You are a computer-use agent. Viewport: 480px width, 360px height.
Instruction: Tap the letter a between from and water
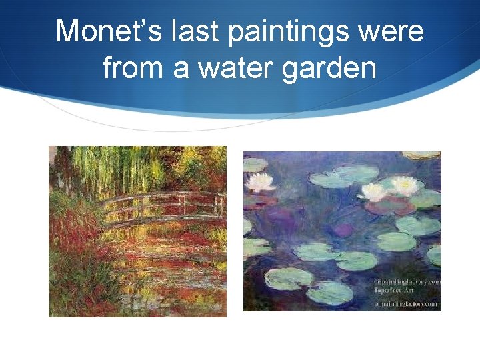click(x=180, y=69)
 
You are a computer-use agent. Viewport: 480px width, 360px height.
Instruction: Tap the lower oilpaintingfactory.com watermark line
click(x=406, y=304)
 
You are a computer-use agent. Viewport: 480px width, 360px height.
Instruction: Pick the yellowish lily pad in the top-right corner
click(x=427, y=155)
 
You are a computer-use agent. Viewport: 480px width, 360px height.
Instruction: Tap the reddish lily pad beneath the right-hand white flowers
click(x=390, y=206)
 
